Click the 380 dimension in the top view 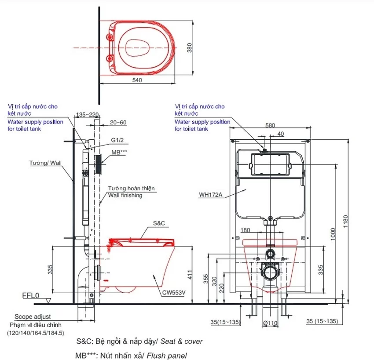click(x=189, y=47)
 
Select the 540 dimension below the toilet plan click(x=137, y=80)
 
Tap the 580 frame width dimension click(x=270, y=125)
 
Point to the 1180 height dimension click(x=345, y=222)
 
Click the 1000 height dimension click(x=333, y=234)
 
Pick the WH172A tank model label click(x=211, y=195)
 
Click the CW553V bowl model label click(x=174, y=293)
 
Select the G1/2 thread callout click(x=117, y=140)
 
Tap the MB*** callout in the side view click(x=119, y=152)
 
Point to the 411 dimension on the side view click(x=190, y=275)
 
